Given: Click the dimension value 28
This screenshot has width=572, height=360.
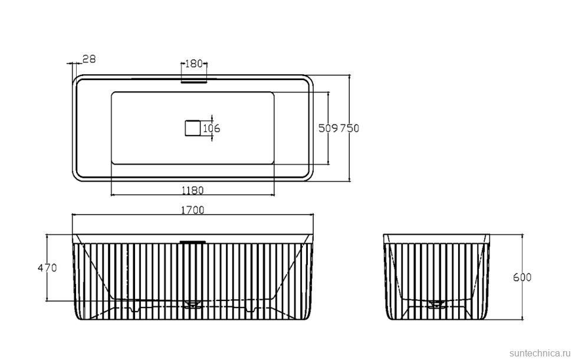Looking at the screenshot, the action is coord(89,59).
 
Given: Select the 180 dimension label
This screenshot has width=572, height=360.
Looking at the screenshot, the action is coord(193,64).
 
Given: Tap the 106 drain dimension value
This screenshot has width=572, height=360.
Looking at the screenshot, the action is coord(212,128).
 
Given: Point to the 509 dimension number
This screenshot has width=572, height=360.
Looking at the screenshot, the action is coord(328,128).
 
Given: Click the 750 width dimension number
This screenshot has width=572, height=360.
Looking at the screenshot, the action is coord(350,128).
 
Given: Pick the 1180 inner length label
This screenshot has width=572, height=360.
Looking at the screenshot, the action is coord(193,190).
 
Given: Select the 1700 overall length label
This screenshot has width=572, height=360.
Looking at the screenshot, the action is coord(193,210).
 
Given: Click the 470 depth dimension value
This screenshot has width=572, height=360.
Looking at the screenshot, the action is coord(47,268).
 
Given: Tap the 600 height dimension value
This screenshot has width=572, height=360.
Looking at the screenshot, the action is coord(522,278).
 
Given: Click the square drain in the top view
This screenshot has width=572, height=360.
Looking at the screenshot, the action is coord(193,128).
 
